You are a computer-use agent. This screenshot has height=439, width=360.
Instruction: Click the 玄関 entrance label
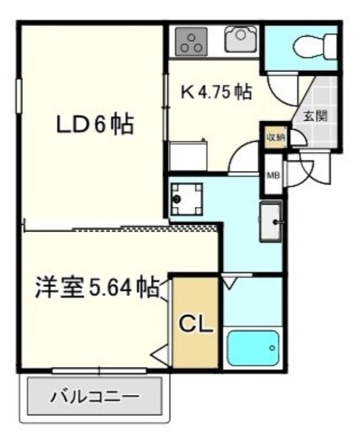[x=314, y=116]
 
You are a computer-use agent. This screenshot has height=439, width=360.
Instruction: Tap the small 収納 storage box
[x=275, y=137]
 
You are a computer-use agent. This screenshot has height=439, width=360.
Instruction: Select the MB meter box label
[x=271, y=175]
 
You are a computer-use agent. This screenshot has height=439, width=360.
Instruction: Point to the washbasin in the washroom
[x=271, y=222]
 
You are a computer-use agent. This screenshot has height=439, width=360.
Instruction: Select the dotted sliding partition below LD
[x=144, y=227]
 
